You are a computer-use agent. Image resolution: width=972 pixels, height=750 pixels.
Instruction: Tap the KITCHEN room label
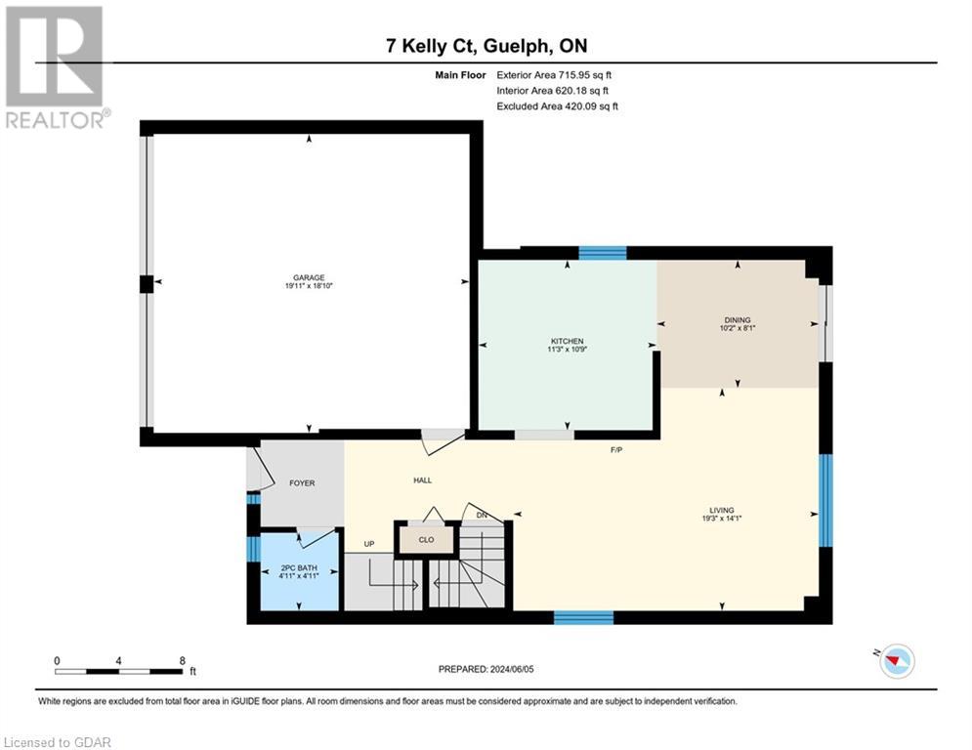[x=567, y=341]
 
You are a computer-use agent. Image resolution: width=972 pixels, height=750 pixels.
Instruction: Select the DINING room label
[x=738, y=319]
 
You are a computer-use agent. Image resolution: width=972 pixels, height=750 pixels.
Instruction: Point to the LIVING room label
[x=722, y=510]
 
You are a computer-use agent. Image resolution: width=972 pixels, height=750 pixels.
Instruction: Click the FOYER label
[x=302, y=482]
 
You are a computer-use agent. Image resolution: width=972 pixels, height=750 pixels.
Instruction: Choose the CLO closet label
[x=427, y=538]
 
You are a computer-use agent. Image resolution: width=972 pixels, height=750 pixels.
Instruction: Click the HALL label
[x=422, y=479]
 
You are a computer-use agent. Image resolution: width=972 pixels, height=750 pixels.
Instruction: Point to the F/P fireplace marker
[x=616, y=450]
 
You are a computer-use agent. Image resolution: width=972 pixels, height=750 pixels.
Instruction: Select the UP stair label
[x=368, y=545]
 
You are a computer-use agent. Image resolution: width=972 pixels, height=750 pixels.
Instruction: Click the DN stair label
[x=482, y=515]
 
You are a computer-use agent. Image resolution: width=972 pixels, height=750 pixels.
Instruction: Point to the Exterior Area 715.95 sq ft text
[x=554, y=74]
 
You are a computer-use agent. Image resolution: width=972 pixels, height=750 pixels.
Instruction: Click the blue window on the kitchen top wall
[x=602, y=253]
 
